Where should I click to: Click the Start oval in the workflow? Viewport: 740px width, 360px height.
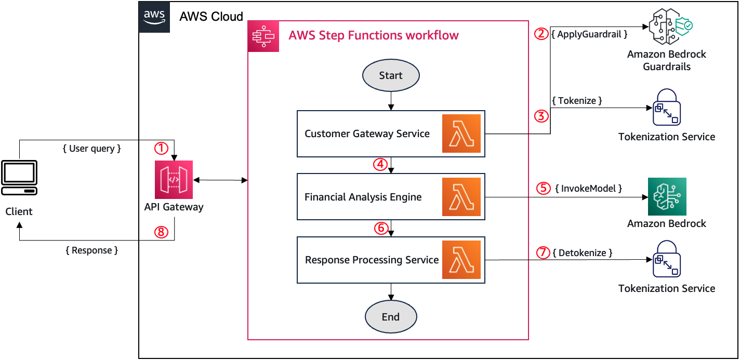coord(390,76)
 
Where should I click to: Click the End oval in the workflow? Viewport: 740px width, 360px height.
coord(390,317)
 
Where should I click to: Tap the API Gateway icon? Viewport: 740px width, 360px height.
coord(174,180)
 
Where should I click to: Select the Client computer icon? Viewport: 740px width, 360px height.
coord(19,178)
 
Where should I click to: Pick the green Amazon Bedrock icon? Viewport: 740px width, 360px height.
coord(667,197)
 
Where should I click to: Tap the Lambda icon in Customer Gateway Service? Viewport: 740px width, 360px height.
coord(461,134)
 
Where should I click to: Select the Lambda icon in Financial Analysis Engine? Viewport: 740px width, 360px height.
coord(461,197)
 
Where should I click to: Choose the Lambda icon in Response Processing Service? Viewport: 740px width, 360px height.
coord(461,260)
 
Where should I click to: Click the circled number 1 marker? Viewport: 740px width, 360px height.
coord(162,149)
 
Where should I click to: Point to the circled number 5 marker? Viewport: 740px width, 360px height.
coord(544,188)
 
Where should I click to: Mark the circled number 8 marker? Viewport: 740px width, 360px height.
coord(162,233)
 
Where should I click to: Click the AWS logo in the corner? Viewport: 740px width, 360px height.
coord(154,17)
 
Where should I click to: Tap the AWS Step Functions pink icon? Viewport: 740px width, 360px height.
coord(263,36)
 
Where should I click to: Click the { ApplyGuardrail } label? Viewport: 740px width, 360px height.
coord(589,34)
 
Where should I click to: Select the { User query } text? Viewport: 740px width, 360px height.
coord(91,149)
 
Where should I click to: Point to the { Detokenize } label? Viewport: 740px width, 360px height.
coord(582,253)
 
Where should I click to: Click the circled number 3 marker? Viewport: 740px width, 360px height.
coord(542,116)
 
